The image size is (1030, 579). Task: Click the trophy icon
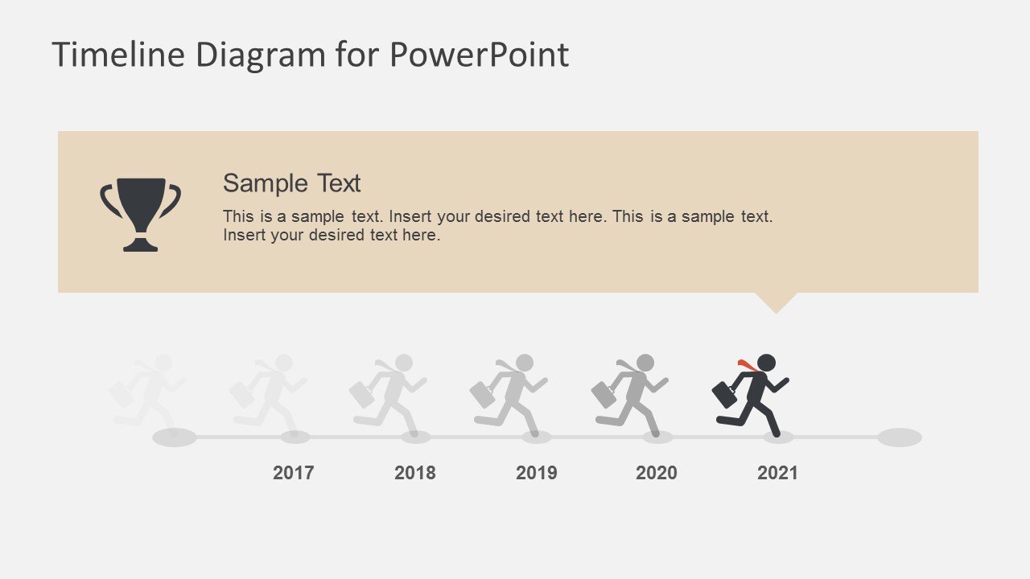tap(141, 214)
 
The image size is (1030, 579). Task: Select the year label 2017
tap(294, 473)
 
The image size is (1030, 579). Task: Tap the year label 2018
tap(415, 473)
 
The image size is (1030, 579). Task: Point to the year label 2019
tap(537, 473)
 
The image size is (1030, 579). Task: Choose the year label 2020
tap(657, 473)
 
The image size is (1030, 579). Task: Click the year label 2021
tap(777, 473)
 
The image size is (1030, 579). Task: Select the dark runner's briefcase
tap(724, 394)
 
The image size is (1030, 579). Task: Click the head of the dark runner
tap(766, 363)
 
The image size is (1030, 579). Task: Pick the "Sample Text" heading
tap(291, 183)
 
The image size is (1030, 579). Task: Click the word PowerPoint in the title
tap(479, 55)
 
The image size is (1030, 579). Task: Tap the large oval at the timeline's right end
tap(899, 437)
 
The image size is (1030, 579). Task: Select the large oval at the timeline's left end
tap(175, 437)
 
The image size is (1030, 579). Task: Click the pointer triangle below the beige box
tap(777, 302)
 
